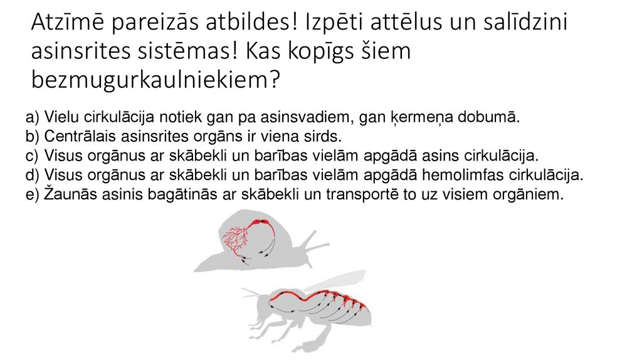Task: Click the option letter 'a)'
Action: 33,118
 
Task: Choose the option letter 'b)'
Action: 33,137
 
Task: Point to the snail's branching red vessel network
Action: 235,238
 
